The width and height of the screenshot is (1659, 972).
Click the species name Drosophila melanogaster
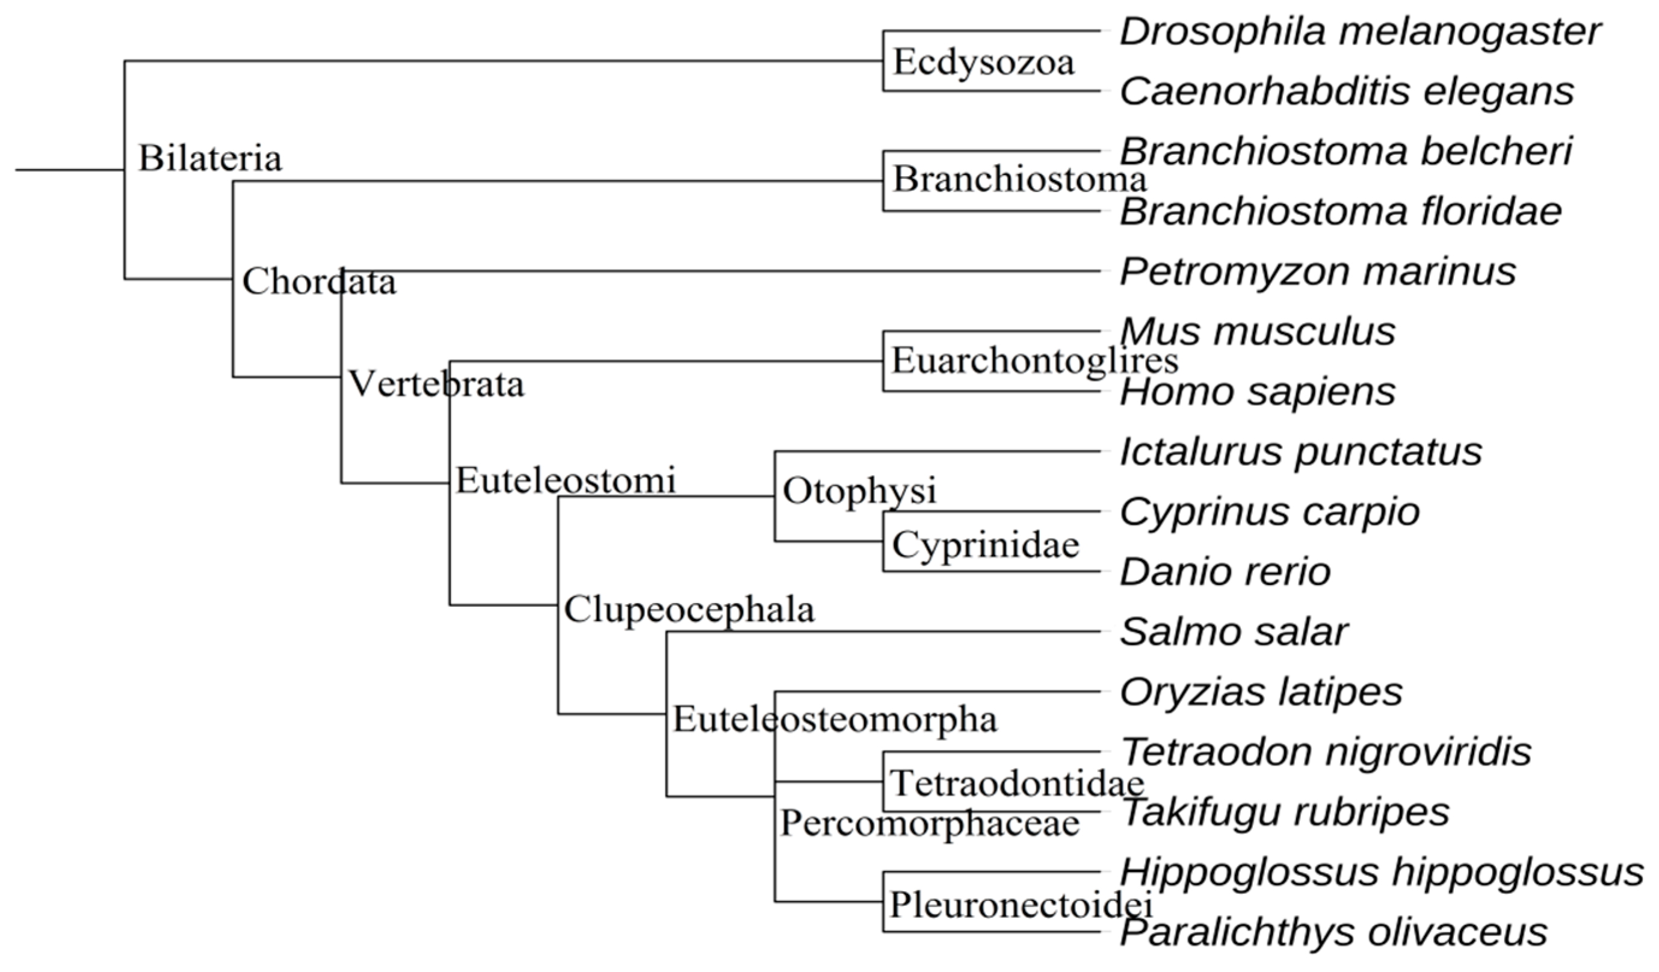tap(1360, 32)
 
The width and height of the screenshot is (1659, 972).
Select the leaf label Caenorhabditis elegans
tap(1347, 91)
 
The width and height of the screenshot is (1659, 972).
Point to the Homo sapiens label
tap(1258, 392)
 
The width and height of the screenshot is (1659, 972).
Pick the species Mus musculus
tap(1258, 332)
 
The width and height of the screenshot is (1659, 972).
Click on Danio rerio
tap(1225, 572)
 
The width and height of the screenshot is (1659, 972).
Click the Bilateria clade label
tap(210, 159)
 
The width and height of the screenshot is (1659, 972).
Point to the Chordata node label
tap(320, 282)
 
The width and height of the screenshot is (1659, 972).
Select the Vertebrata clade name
tap(436, 383)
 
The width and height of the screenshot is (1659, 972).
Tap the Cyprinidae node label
tap(986, 545)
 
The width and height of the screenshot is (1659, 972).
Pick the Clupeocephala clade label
tap(689, 610)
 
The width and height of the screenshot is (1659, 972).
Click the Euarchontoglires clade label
tap(1034, 361)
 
